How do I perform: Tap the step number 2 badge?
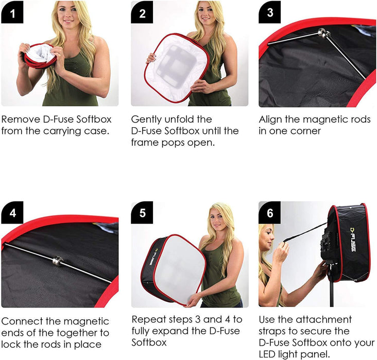point(142,12)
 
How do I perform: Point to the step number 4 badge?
point(12,213)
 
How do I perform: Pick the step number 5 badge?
point(142,213)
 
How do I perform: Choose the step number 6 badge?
point(270,213)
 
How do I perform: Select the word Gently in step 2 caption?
point(147,119)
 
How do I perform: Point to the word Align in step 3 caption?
point(271,119)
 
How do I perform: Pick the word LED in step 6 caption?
point(269,354)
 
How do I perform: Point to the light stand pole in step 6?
point(331,294)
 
